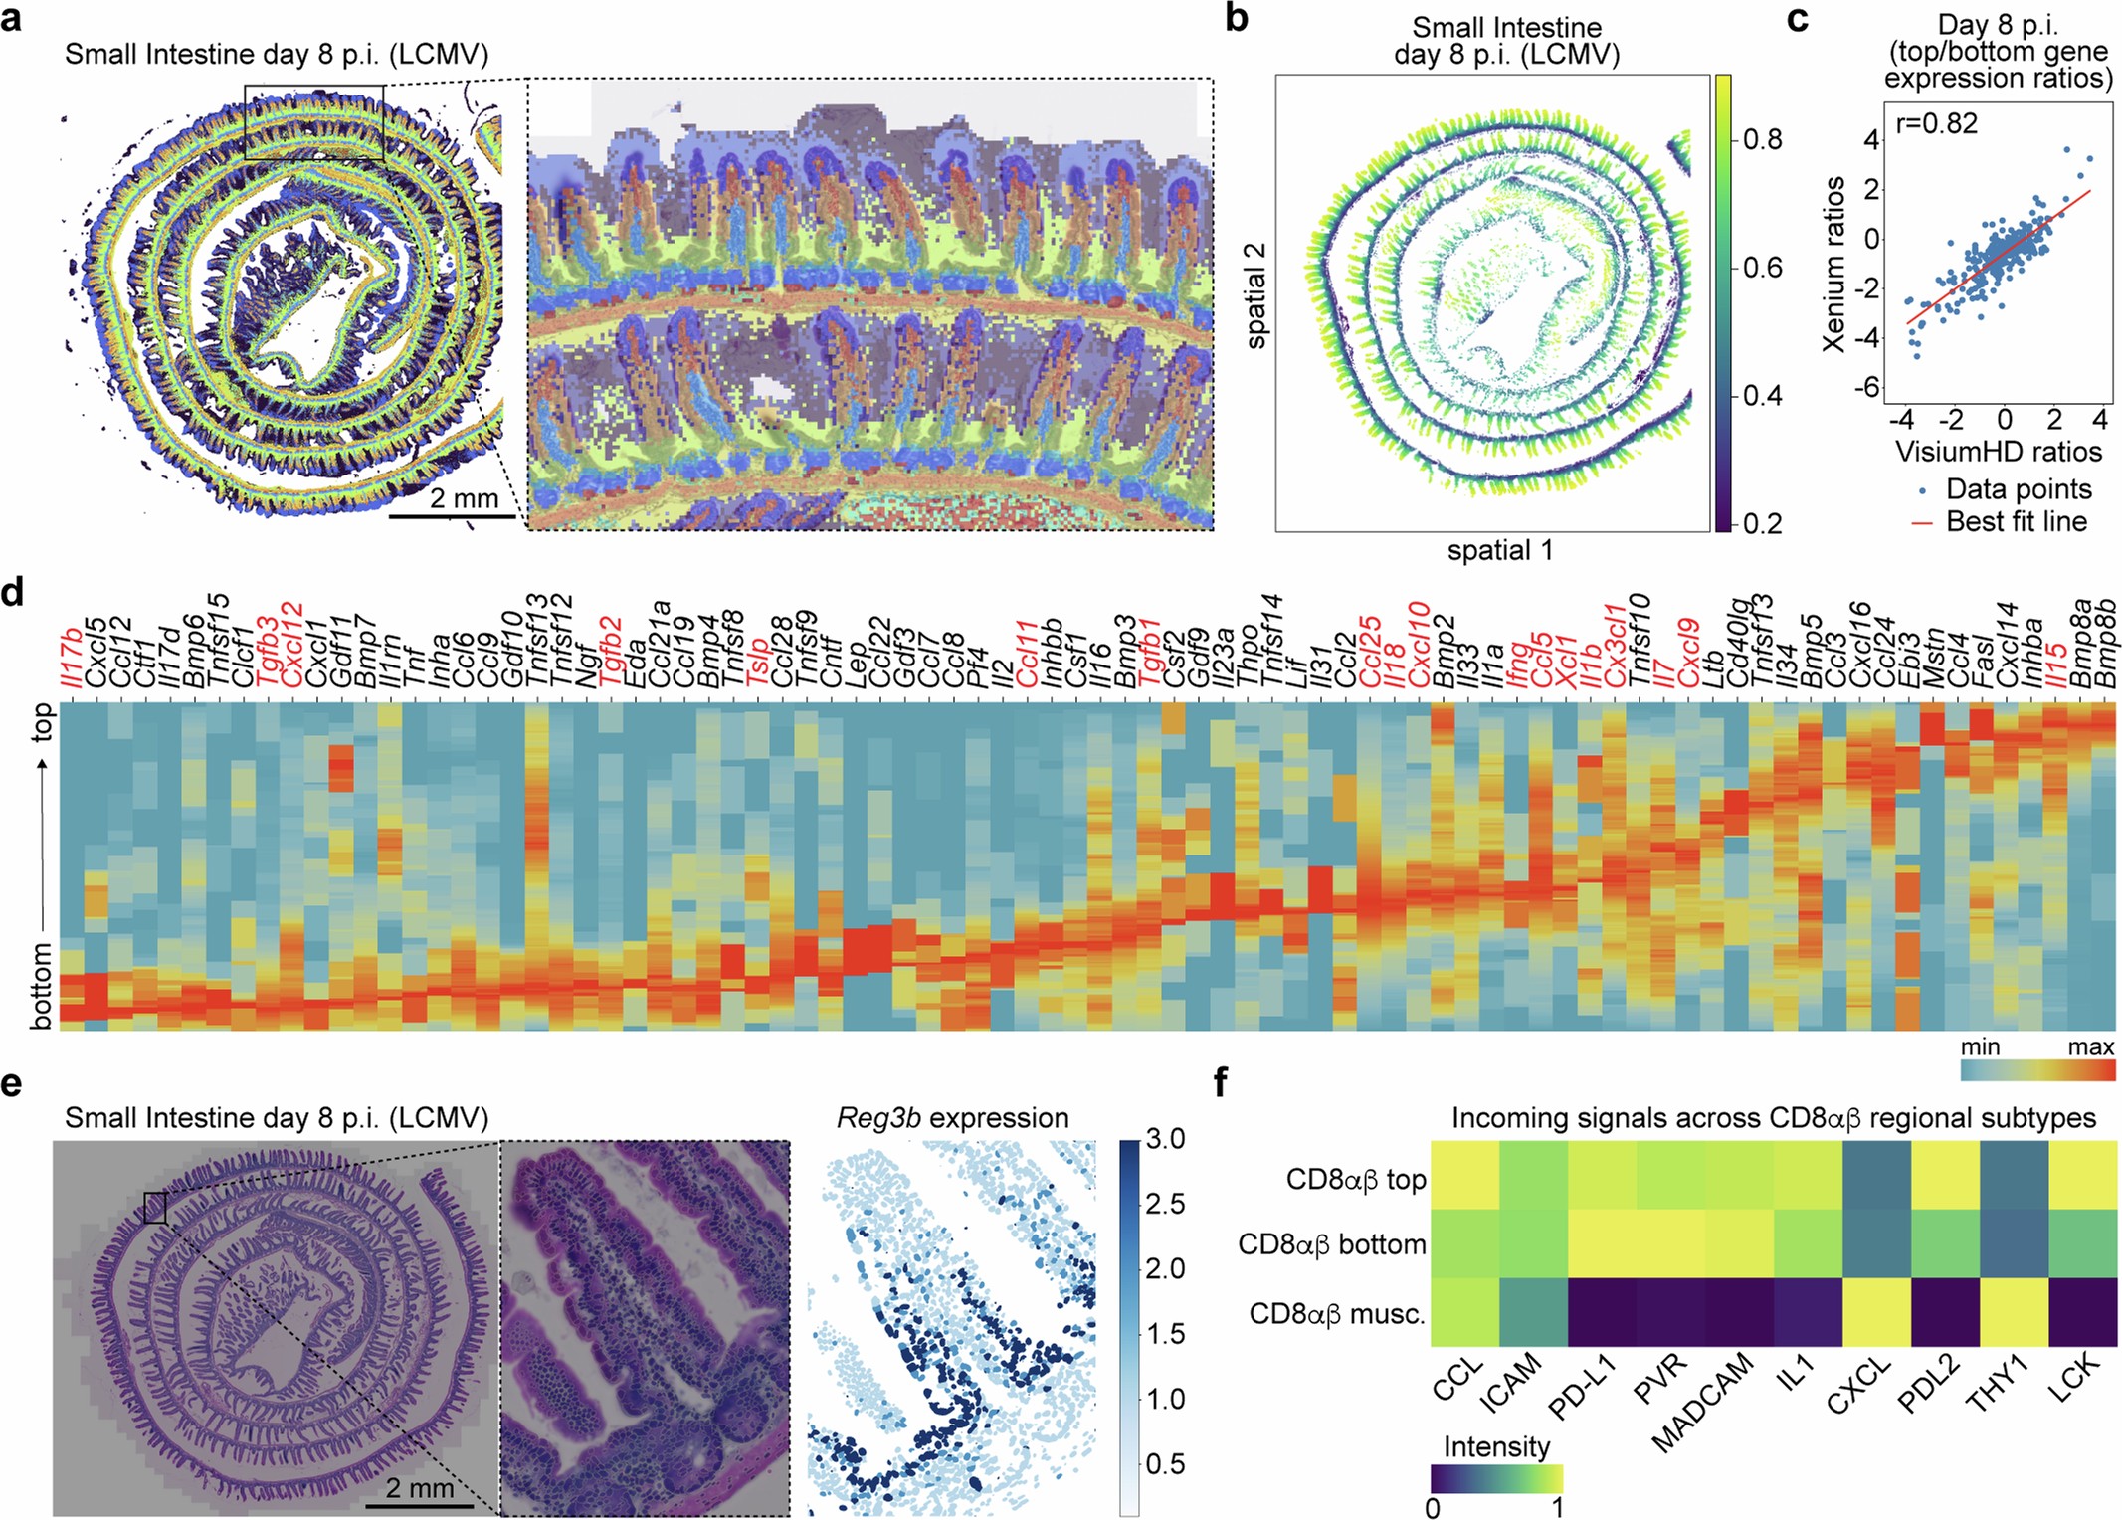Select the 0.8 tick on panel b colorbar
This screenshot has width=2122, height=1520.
1762,139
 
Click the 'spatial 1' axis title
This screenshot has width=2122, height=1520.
1499,550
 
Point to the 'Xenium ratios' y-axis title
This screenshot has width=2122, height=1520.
1833,264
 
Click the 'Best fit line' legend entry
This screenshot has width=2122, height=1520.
2015,521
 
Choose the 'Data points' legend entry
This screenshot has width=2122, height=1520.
2017,489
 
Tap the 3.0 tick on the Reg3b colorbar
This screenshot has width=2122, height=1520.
1165,1139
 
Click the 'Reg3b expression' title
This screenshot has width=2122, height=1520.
952,1118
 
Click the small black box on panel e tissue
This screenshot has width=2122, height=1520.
154,1208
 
